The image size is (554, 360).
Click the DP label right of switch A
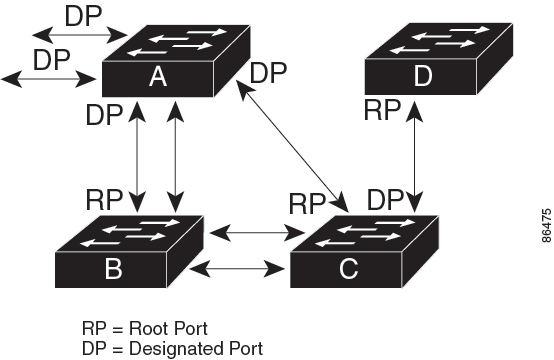click(x=269, y=74)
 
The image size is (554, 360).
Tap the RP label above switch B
click(x=105, y=197)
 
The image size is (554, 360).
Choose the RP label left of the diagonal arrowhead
click(x=308, y=204)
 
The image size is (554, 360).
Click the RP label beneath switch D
click(x=383, y=109)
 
